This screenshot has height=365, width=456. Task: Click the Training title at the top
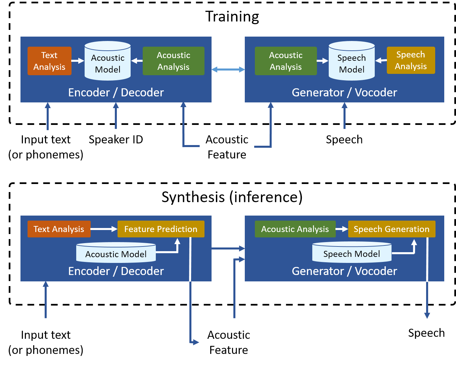point(232,16)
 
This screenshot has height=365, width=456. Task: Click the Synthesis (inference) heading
point(232,197)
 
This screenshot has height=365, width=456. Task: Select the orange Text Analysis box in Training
point(49,61)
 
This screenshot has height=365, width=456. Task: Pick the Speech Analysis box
point(411,60)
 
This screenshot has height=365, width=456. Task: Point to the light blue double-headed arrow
point(228,70)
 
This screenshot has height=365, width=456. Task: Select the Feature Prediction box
point(161,229)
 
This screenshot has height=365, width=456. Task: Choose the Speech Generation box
point(392,229)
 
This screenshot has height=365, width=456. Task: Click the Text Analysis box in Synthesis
point(59,229)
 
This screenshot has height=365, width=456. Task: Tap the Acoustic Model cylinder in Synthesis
point(116,253)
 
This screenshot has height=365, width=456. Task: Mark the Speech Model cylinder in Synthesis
point(352,253)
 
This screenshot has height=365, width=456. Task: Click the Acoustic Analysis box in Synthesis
point(295,229)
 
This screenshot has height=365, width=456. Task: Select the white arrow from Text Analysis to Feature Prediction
point(104,229)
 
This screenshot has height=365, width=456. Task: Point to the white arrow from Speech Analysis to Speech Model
point(381,61)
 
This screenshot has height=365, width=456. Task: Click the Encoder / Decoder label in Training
point(116,93)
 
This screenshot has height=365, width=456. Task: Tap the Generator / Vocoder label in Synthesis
point(344,271)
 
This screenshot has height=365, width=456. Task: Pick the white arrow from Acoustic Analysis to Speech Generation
point(342,229)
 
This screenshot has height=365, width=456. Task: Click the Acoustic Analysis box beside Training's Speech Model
point(286,61)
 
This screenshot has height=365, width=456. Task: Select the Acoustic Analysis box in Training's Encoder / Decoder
point(174,61)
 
